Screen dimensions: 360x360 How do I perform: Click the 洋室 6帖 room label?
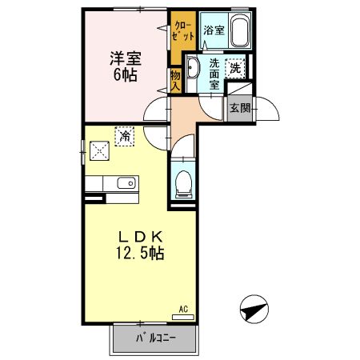126,66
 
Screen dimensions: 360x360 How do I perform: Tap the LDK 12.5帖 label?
140,245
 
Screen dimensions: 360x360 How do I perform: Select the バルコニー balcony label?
156,338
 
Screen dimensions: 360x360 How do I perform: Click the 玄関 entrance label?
240,108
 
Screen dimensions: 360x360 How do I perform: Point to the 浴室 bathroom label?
214,30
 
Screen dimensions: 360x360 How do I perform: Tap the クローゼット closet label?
183,31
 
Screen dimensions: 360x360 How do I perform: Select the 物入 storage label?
175,81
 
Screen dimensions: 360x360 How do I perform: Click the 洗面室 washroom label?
214,74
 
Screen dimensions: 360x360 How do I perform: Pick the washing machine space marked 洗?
235,69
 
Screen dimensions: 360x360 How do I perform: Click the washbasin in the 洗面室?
192,67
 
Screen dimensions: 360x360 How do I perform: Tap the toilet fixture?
184,185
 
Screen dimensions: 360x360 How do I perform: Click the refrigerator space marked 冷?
124,136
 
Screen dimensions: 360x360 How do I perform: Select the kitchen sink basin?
126,183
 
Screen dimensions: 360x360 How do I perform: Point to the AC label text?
183,310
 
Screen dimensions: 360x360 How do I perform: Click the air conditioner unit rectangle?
183,318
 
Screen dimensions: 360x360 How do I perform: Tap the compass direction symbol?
254,309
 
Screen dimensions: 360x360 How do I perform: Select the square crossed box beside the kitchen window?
99,150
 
